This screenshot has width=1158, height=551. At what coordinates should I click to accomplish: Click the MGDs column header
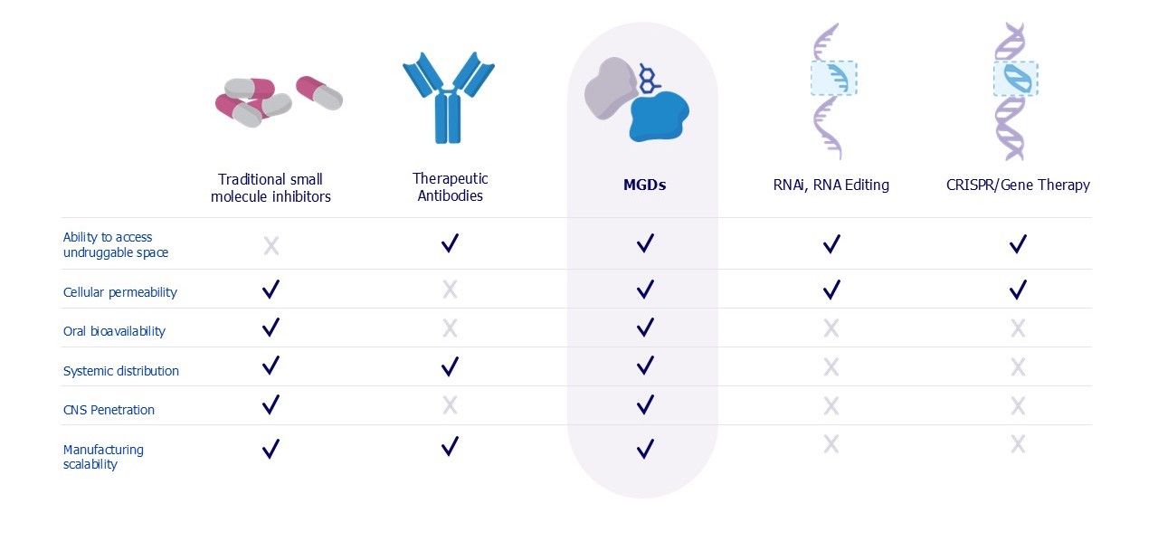pos(644,185)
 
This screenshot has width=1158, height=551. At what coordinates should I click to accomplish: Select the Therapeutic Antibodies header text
pos(450,187)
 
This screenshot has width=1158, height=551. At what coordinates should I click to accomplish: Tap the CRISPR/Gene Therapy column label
pos(1018,185)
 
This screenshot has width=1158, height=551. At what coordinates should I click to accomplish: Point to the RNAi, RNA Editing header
pos(831,185)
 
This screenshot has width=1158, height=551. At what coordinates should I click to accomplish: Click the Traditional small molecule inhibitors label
pos(271,187)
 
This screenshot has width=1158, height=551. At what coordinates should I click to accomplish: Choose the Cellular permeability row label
pos(120,292)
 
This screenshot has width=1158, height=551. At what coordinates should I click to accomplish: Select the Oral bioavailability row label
pos(114,331)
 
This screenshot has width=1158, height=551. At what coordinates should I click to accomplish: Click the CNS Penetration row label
pos(109,409)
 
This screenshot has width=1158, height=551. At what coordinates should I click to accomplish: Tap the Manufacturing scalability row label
pos(103,456)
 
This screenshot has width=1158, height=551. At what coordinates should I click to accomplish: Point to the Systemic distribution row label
pos(121,371)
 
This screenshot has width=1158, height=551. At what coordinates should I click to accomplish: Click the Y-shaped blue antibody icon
pos(448,98)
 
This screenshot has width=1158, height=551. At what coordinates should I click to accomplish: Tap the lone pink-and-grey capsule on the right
pos(319,93)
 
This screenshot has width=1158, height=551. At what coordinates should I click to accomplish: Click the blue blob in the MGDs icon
pos(659,117)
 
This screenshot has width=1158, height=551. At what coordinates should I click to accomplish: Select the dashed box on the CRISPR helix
pos(1016,79)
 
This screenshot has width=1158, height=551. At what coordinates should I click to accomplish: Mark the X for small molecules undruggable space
pos(271,245)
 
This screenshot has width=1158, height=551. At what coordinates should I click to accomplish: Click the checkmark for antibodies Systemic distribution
pos(450,366)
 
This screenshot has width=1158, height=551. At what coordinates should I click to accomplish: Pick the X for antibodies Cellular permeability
pos(450,290)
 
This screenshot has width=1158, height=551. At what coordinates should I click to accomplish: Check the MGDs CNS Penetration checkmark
pos(645,404)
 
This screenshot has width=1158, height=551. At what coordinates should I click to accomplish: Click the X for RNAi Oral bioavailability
pos(831,328)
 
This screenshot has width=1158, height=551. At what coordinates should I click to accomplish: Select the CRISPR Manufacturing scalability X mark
pos(1018,444)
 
